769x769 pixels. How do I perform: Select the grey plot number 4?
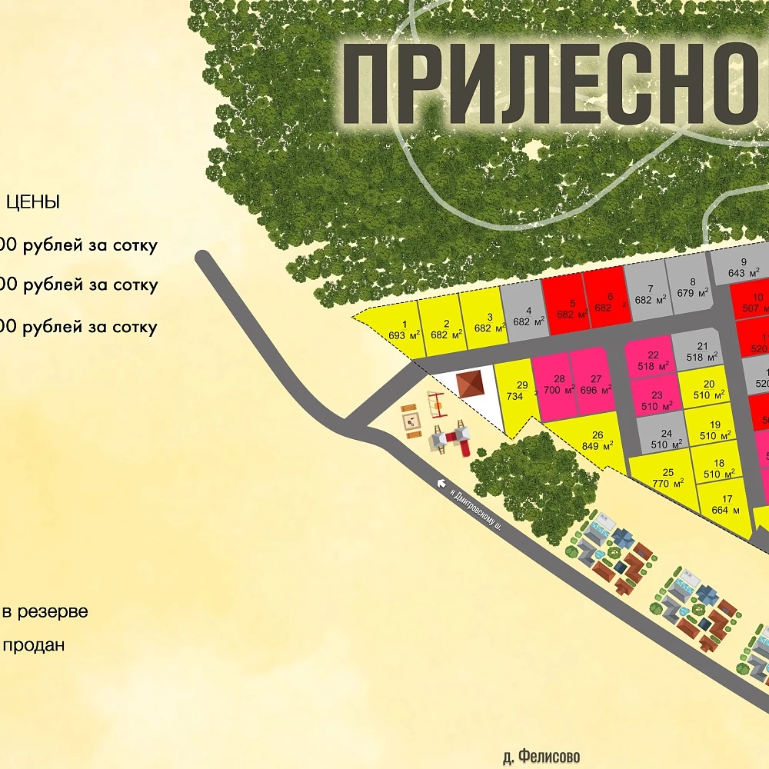click(x=525, y=315)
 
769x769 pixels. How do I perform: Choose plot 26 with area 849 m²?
click(x=593, y=441)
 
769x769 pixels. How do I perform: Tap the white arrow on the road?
click(x=441, y=483)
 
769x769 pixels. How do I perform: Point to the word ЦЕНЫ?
click(x=33, y=203)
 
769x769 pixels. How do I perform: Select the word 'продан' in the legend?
click(x=34, y=645)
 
